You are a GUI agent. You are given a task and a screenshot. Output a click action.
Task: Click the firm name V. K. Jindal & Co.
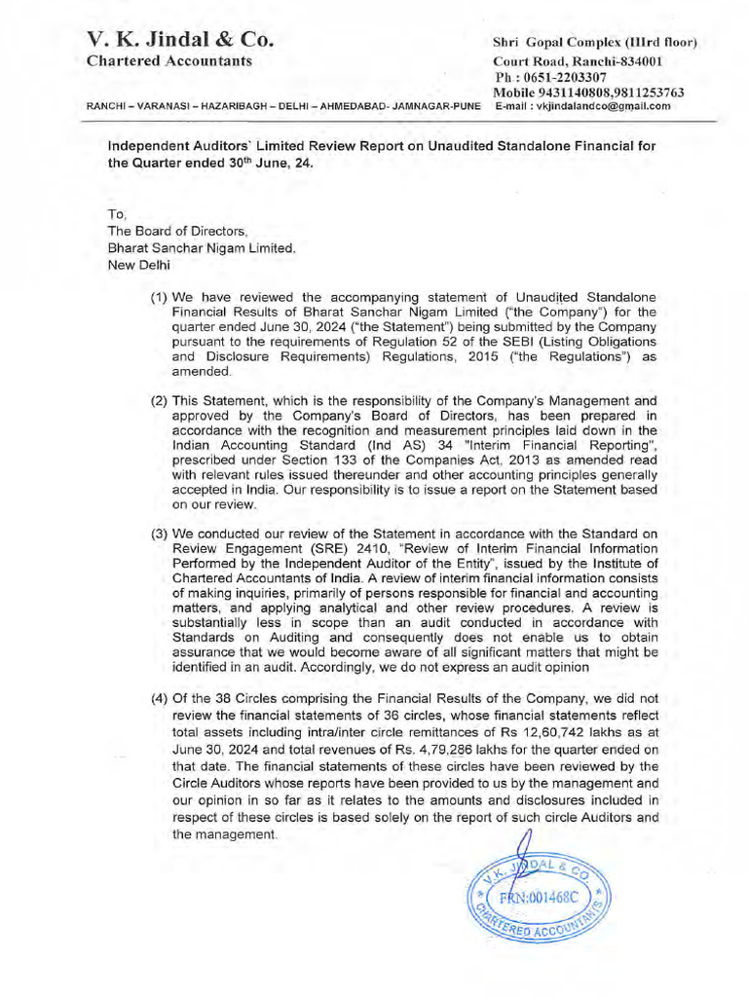pyautogui.click(x=180, y=40)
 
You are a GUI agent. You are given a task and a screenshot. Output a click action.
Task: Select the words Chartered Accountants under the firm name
pyautogui.click(x=169, y=61)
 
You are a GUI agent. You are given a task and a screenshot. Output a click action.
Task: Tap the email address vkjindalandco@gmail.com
pyautogui.click(x=609, y=106)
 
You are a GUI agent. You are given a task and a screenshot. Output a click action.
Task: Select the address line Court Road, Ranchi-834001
pyautogui.click(x=579, y=61)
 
